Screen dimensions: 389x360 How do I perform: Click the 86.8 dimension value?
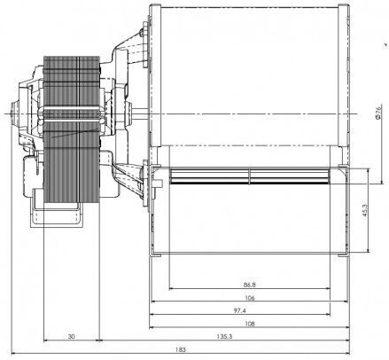tap(250, 285)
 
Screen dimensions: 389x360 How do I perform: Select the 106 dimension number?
tap(250, 298)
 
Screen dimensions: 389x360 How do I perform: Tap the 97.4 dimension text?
tap(240, 310)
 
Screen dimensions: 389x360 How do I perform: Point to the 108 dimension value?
tap(250, 324)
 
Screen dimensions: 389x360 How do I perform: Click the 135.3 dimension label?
tap(224, 336)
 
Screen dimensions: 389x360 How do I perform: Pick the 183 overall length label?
tap(181, 349)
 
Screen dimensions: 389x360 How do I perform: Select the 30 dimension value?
tap(71, 336)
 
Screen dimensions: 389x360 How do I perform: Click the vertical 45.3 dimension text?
tap(365, 210)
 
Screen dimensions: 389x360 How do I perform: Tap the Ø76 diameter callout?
tap(378, 112)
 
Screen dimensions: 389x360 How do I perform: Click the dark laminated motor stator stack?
tap(72, 129)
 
